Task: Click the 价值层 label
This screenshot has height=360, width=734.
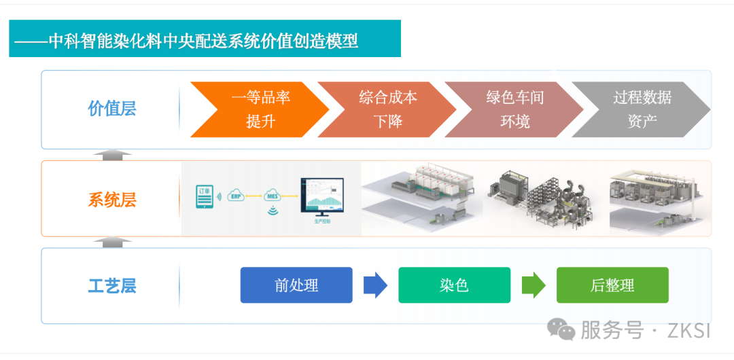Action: tap(112, 109)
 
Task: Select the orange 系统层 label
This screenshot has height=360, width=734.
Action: tap(112, 200)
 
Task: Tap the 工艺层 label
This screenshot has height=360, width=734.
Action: tap(112, 286)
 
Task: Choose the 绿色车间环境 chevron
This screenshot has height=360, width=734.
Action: tap(513, 109)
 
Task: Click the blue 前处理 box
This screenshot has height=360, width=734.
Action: tap(296, 285)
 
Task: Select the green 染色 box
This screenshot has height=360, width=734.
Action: tap(454, 285)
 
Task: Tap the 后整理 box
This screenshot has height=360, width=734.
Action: tap(612, 285)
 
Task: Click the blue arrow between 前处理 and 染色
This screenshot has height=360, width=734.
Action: tap(375, 285)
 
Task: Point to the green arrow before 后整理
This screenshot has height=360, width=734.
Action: tap(534, 285)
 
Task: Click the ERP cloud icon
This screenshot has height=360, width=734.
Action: tap(237, 196)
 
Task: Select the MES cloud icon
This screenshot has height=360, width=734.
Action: tap(273, 196)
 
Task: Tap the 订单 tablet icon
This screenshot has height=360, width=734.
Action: tap(204, 196)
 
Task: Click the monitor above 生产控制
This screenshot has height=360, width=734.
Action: tap(321, 196)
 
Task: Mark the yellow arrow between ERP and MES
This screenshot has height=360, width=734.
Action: tap(255, 196)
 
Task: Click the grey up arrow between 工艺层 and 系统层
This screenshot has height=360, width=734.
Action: tap(113, 242)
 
